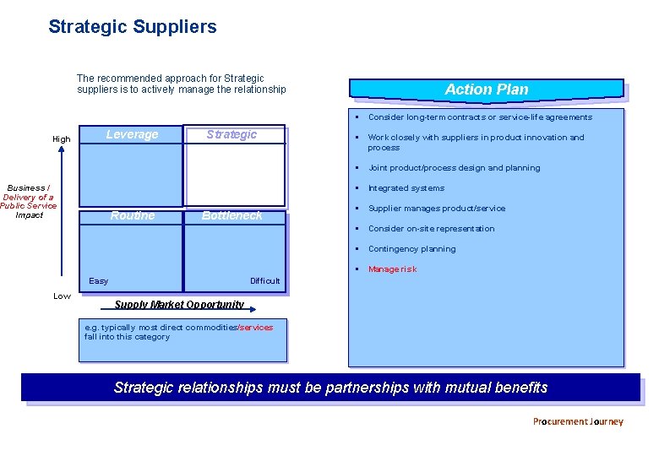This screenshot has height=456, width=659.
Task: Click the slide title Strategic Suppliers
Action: tap(133, 27)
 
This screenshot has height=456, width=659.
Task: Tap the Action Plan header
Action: tap(486, 90)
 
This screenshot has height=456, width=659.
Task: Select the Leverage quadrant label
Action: tap(132, 135)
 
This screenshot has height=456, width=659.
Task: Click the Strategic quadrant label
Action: tap(231, 135)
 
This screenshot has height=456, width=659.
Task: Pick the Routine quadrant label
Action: tap(133, 216)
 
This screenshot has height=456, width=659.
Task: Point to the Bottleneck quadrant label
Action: tap(232, 216)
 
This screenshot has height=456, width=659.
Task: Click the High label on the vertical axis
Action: tap(62, 139)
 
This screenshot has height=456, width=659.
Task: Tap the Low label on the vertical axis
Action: tap(62, 296)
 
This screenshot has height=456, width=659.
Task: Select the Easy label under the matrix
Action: tap(99, 281)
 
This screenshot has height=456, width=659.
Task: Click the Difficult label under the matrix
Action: tap(264, 281)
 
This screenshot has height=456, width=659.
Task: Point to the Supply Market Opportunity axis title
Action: tap(179, 304)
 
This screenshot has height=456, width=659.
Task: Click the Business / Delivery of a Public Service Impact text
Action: tap(29, 201)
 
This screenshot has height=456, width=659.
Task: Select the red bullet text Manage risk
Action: tap(392, 269)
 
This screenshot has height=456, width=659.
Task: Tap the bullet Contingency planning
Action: tap(411, 249)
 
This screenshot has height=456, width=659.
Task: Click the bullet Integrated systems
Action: tap(406, 188)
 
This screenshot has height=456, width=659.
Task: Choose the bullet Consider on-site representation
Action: tap(431, 229)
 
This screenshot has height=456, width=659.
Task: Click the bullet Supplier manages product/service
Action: tap(436, 209)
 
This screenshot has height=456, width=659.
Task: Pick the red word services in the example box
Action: tap(257, 328)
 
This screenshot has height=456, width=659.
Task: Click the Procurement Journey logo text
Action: tap(577, 421)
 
